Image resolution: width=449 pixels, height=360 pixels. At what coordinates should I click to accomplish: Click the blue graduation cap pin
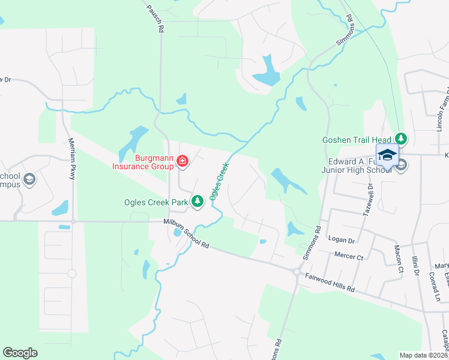click(x=387, y=155)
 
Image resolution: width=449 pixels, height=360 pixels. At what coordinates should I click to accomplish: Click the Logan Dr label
click(x=342, y=239)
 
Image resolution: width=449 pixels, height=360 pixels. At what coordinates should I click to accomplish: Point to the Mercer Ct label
click(x=349, y=257)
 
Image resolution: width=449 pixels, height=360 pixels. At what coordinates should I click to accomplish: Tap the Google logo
click(x=20, y=353)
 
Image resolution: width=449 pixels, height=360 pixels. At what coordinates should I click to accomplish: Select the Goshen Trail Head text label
click(x=357, y=139)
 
